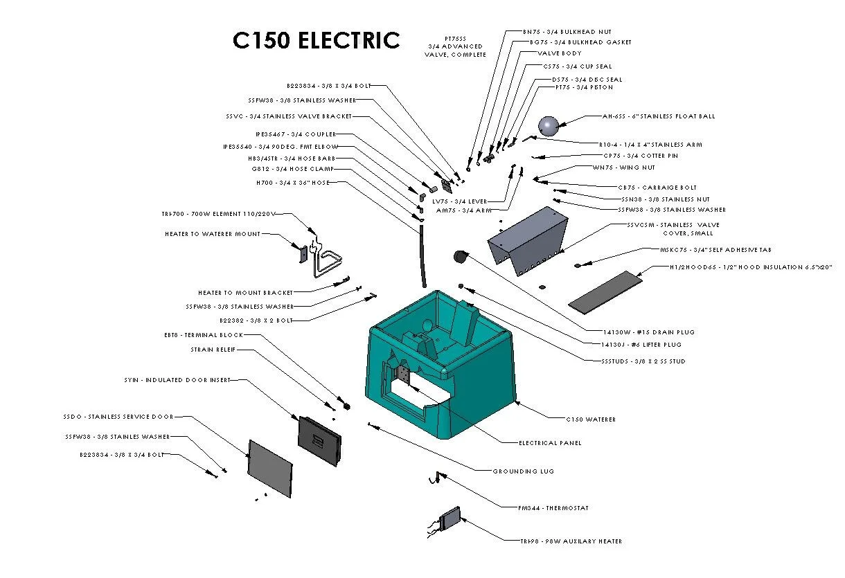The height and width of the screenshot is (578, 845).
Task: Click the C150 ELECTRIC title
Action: point(317,40)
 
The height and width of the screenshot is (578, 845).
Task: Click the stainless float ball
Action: point(548,125)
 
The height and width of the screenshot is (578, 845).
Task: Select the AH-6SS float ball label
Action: point(658,116)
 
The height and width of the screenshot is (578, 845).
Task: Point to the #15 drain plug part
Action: point(460,258)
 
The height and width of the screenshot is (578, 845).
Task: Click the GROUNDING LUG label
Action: point(523,471)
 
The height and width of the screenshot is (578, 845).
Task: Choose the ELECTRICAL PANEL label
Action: point(550,443)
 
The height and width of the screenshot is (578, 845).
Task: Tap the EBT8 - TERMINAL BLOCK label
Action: point(204,335)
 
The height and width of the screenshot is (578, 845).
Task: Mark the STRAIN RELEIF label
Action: point(213,350)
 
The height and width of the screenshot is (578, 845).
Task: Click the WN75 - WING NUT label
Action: point(623,168)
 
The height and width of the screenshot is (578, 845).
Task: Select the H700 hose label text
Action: point(292,183)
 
